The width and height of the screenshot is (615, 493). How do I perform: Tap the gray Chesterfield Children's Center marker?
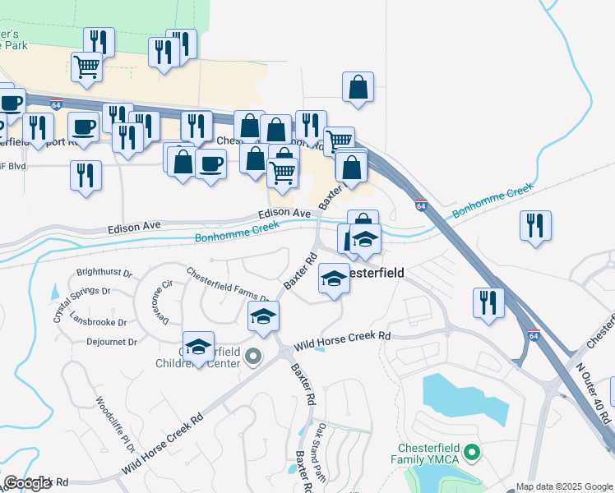tap(253, 357)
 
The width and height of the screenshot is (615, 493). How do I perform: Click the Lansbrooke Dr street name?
tap(99, 322)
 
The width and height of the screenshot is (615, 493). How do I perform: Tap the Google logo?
tap(26, 483)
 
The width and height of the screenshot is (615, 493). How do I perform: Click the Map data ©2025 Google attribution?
tap(564, 486)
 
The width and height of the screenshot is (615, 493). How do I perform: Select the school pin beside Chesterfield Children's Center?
tap(199, 348)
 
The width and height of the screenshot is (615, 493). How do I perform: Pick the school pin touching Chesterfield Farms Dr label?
tap(264, 316)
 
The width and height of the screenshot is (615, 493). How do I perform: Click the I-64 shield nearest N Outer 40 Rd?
tap(534, 335)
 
